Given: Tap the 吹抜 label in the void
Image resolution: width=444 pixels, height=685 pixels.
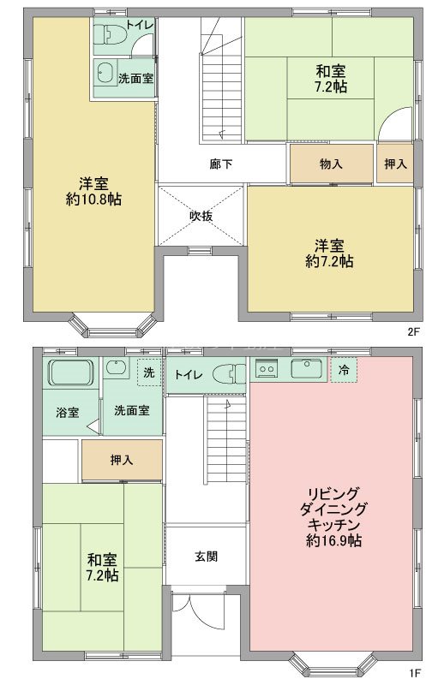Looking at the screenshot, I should coord(201,216).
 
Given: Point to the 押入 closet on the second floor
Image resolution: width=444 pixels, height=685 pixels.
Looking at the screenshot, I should coord(395,164).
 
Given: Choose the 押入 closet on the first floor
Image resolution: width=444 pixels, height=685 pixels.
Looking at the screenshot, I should coord(122,460).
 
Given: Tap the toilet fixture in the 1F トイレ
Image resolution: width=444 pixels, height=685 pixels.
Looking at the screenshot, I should coord(226,374).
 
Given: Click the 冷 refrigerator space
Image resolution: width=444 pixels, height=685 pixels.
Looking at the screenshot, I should coord(344,371).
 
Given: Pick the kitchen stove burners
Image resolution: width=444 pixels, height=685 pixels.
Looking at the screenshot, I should coord(267,370).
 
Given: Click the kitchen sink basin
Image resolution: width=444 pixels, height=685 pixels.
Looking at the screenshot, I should coord(303,369).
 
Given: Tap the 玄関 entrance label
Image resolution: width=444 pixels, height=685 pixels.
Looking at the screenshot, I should coord(206,556).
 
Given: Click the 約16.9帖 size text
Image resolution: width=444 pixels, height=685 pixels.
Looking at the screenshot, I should coord(333,540).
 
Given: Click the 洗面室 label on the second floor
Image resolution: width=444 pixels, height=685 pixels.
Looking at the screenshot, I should coord(135,78).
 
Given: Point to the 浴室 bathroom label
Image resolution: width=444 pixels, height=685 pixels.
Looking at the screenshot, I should coord(68,411).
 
